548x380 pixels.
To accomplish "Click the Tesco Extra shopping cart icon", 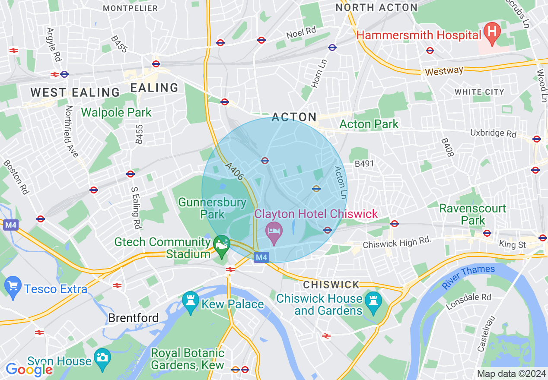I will click(x=13, y=286).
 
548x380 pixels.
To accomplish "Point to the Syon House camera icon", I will click(x=103, y=358).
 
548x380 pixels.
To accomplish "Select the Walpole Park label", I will click(x=116, y=113).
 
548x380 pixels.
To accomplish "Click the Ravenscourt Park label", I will click(x=472, y=214).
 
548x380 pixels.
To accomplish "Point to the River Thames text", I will click(x=468, y=277).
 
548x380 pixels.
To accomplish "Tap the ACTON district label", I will click(x=294, y=117).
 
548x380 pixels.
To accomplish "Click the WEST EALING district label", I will click(x=75, y=92).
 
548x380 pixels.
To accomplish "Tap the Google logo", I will click(x=29, y=369).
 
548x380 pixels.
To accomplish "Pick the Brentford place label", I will click(x=133, y=318).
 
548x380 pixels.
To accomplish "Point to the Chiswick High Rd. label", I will click(x=397, y=243).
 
